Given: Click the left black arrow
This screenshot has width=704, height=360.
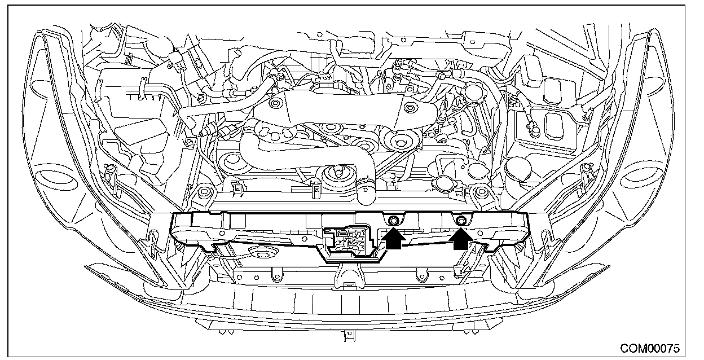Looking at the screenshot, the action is pos(393,239).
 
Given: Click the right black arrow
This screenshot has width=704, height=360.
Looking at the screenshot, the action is pos(460,239).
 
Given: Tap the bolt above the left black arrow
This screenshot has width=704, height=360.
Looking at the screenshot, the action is pos(393,220).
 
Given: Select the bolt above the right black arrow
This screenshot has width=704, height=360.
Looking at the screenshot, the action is pos(460,220).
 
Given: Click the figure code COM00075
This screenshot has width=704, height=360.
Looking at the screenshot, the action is pos(649,348).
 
